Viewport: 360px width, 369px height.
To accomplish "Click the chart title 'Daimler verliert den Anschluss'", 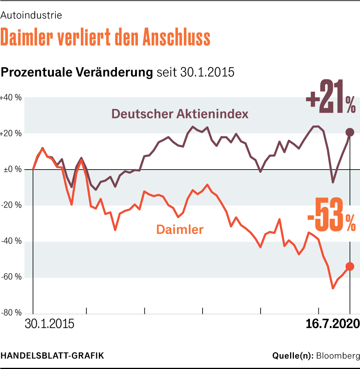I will [105, 37].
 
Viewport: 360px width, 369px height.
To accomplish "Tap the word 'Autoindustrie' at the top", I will [31, 16].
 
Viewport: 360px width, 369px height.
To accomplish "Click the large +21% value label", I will [330, 97].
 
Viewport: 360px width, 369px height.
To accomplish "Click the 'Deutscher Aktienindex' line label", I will [180, 113].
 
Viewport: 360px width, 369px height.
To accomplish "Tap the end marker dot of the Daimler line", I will [350, 267].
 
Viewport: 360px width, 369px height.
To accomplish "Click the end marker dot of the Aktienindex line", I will [350, 132].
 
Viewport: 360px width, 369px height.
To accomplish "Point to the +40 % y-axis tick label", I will [11, 97].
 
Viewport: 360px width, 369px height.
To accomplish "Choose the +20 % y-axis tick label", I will [11, 133].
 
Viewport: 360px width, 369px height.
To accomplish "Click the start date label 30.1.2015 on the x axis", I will [50, 324].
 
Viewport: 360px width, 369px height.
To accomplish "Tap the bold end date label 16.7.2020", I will [332, 324].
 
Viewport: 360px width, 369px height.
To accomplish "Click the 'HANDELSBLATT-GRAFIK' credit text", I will [52, 356].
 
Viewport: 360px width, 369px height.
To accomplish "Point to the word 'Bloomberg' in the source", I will [337, 356].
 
